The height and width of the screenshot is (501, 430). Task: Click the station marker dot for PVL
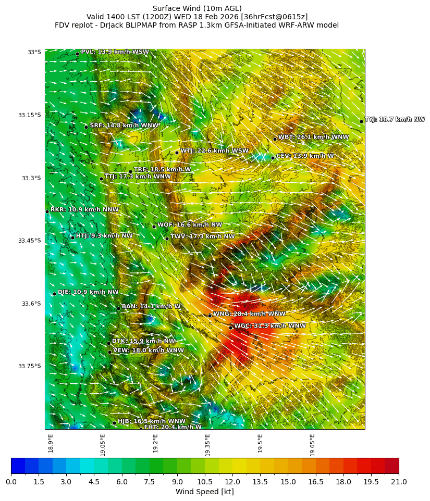tap(77, 54)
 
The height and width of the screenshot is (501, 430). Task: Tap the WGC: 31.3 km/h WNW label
tap(270, 326)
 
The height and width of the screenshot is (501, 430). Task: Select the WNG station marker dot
tap(210, 316)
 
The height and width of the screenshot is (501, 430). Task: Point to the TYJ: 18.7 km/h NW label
tap(395, 120)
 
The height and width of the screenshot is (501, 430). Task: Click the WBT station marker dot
tap(275, 139)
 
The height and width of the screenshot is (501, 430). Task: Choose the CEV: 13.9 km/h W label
tap(305, 156)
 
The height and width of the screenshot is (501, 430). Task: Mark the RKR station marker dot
tap(47, 211)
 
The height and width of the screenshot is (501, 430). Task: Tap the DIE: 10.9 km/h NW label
tap(88, 292)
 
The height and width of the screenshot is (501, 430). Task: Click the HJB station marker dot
tap(114, 423)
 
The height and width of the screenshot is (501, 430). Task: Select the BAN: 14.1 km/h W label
tap(151, 307)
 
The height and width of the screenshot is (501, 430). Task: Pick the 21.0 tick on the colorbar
tap(399, 482)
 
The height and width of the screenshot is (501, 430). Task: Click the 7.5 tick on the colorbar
tap(150, 482)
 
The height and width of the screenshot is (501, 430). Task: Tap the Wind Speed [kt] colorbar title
tap(204, 492)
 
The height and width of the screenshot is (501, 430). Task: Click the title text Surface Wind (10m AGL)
tap(197, 8)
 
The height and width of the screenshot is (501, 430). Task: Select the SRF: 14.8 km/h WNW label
tap(124, 126)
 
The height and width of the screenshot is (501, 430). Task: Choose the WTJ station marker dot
tap(177, 153)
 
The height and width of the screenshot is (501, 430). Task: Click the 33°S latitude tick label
tap(34, 52)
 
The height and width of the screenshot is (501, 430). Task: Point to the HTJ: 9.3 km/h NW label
tap(104, 236)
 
